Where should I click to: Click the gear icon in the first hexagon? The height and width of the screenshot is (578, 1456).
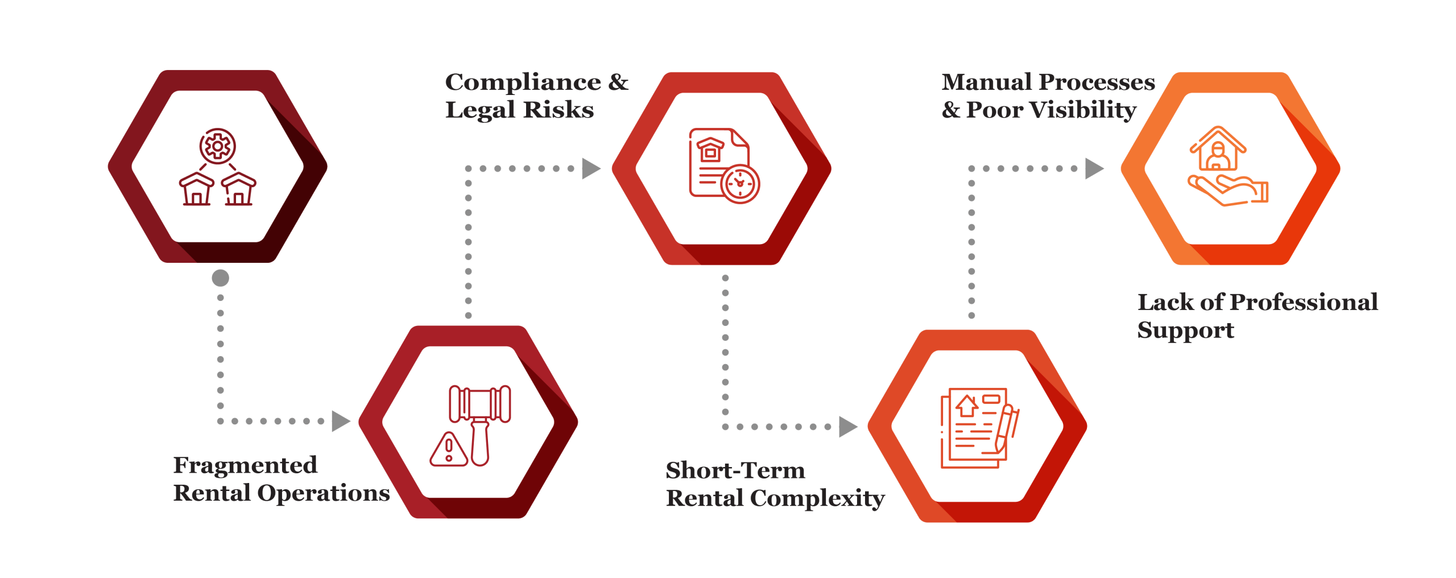pyautogui.click(x=217, y=146)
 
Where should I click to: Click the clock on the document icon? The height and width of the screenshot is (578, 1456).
pyautogui.click(x=740, y=184)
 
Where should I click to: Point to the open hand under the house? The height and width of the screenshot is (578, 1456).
pyautogui.click(x=1228, y=191)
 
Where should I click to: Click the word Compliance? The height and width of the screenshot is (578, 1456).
pyautogui.click(x=523, y=82)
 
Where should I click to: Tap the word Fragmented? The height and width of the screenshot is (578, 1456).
pyautogui.click(x=245, y=466)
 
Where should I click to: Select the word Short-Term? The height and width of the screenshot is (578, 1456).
pyautogui.click(x=735, y=471)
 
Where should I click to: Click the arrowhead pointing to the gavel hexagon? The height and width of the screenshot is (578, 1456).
pyautogui.click(x=340, y=422)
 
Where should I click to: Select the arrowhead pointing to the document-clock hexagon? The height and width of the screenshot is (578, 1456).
pyautogui.click(x=591, y=169)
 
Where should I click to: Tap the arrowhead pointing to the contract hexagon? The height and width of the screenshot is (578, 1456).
pyautogui.click(x=848, y=427)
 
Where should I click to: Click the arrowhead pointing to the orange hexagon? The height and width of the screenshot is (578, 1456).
pyautogui.click(x=1094, y=169)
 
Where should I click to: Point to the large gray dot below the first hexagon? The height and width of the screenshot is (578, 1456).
pyautogui.click(x=220, y=278)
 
